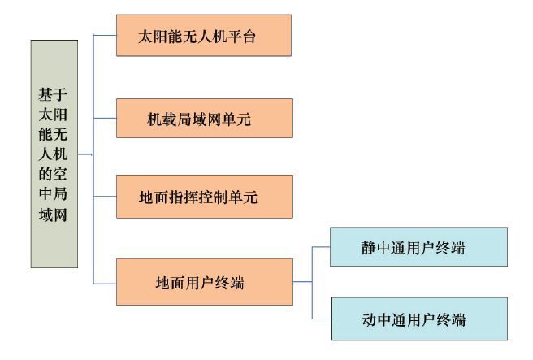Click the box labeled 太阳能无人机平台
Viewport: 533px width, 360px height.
click(x=204, y=35)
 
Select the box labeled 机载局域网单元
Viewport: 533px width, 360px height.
click(x=204, y=119)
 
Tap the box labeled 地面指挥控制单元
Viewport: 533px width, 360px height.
click(x=204, y=196)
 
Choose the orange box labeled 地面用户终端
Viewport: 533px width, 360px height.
click(x=204, y=282)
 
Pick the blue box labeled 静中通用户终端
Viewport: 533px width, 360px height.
click(x=418, y=247)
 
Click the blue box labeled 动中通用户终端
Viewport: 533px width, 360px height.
click(x=418, y=318)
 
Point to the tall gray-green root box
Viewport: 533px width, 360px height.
click(x=54, y=154)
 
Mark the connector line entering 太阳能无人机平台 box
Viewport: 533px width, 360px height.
click(x=105, y=35)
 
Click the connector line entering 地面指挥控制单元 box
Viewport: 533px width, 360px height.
click(x=105, y=196)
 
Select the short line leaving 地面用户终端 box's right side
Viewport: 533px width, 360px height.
click(x=302, y=282)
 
